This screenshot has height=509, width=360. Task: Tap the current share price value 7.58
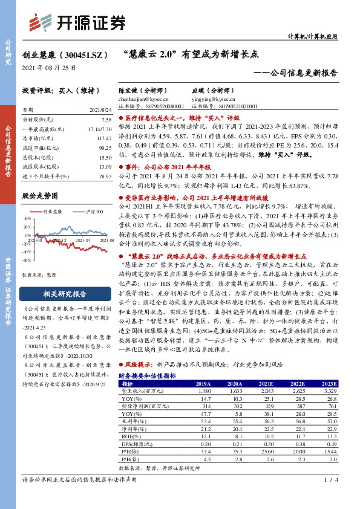[106, 120]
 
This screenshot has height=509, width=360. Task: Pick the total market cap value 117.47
[105, 138]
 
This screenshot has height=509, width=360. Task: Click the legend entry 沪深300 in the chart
[91, 212]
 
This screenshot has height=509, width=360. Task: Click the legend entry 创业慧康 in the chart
[53, 212]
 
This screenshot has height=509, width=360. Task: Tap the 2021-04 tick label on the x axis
[82, 240]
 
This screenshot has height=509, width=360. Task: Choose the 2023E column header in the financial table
[329, 383]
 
